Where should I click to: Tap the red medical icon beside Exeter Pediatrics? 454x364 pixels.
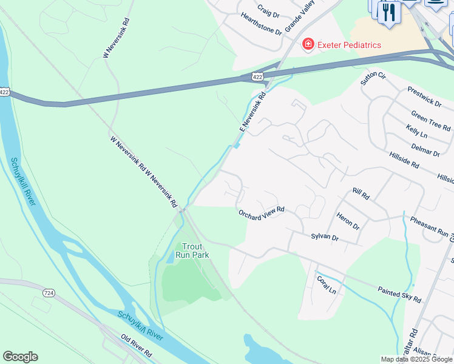point(308,44)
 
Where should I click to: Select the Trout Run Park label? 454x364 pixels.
point(192,251)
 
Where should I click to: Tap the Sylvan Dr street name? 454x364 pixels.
point(324,237)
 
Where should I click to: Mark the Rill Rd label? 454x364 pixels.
point(361,194)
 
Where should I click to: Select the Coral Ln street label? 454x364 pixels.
point(326,285)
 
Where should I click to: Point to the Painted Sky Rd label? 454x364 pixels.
point(399,295)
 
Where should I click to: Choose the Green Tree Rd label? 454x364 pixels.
point(430,120)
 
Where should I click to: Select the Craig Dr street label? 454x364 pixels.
point(268,11)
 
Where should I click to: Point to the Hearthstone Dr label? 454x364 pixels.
point(262,24)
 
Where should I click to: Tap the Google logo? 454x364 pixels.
point(20,357)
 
